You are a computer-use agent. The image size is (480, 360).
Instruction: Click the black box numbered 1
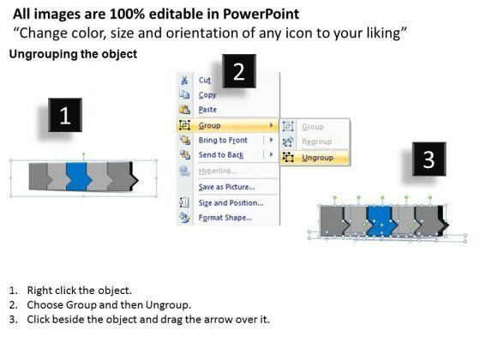[65, 115]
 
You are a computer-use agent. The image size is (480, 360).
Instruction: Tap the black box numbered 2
[239, 71]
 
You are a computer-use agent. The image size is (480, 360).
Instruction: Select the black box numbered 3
[429, 159]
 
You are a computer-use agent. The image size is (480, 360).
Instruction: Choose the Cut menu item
[205, 81]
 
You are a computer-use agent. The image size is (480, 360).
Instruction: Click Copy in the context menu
[207, 95]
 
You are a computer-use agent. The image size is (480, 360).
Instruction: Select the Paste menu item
[207, 110]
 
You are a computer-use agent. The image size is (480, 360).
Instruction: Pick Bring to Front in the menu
[223, 141]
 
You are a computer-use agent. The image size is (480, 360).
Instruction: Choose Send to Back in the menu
[221, 155]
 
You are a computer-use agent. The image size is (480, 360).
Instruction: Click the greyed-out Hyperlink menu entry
[218, 171]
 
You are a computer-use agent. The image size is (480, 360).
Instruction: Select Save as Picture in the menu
[226, 187]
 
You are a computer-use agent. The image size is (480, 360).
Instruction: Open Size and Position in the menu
[231, 202]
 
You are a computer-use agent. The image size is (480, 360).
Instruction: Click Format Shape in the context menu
[225, 218]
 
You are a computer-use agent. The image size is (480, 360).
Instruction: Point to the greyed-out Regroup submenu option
[317, 141]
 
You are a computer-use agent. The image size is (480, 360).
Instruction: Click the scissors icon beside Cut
[184, 81]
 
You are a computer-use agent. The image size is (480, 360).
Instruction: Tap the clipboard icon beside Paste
[184, 110]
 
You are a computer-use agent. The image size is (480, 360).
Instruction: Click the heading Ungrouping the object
[73, 54]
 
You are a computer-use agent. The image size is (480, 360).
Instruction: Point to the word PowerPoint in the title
[261, 14]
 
